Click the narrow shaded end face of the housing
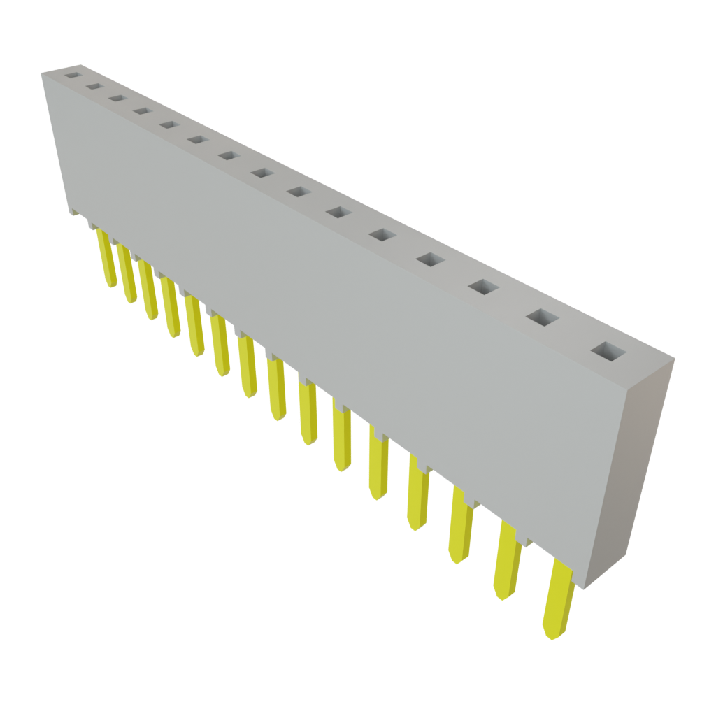pos(629,468)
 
